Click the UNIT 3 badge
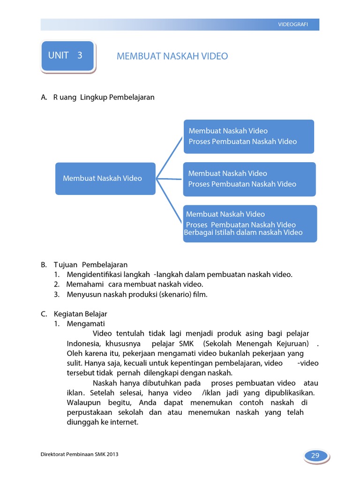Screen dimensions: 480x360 [x=67, y=56]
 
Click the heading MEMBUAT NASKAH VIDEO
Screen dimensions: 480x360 [x=172, y=56]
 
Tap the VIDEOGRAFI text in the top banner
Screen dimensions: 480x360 [x=293, y=25]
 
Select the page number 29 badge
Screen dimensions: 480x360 [x=315, y=456]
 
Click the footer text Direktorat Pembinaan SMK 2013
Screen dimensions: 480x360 [x=80, y=455]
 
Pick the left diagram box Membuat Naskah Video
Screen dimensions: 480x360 [x=105, y=178]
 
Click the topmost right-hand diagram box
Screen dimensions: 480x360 [x=248, y=136]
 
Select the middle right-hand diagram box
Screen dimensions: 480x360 [x=249, y=179]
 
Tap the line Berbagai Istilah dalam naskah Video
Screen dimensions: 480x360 [x=243, y=232]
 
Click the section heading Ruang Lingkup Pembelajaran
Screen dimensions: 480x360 [x=104, y=97]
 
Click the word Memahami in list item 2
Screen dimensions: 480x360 [x=86, y=285]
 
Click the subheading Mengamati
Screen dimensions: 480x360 [x=86, y=324]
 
